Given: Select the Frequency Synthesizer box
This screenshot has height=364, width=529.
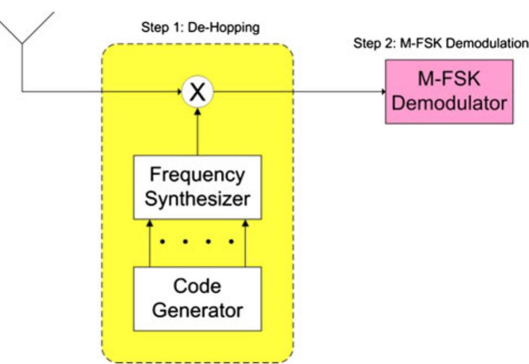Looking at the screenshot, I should pyautogui.click(x=197, y=186).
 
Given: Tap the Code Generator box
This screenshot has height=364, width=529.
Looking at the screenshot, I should pyautogui.click(x=197, y=298).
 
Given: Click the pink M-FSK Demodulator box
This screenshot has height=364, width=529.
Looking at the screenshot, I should pyautogui.click(x=451, y=92).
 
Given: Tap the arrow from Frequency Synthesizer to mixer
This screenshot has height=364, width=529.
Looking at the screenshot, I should pyautogui.click(x=197, y=128).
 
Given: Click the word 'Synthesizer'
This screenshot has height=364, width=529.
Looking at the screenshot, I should pyautogui.click(x=197, y=199).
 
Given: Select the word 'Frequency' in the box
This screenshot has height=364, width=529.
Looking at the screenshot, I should pyautogui.click(x=197, y=175).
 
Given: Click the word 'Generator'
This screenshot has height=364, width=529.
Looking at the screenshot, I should pyautogui.click(x=197, y=310).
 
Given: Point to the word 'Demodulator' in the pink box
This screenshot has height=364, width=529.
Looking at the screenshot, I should pyautogui.click(x=451, y=104).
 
